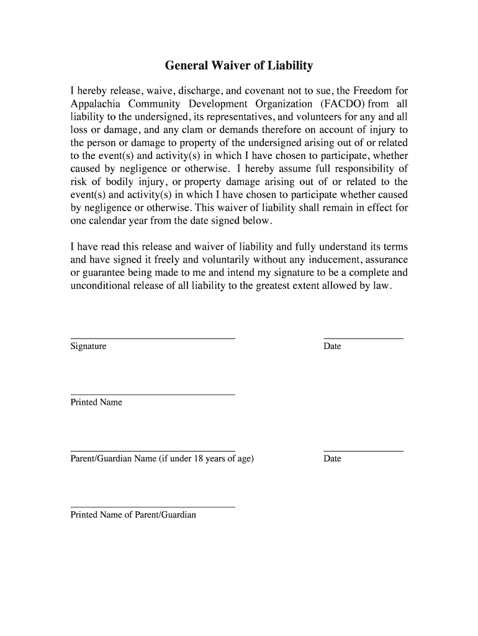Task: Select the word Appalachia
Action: pos(95,104)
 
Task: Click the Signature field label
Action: pos(88,346)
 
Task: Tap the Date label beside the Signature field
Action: pos(332,346)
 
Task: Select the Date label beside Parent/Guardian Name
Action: pos(332,458)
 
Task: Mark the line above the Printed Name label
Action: pos(153,394)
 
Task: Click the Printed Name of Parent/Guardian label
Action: pos(133,514)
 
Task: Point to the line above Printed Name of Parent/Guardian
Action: pos(153,507)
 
